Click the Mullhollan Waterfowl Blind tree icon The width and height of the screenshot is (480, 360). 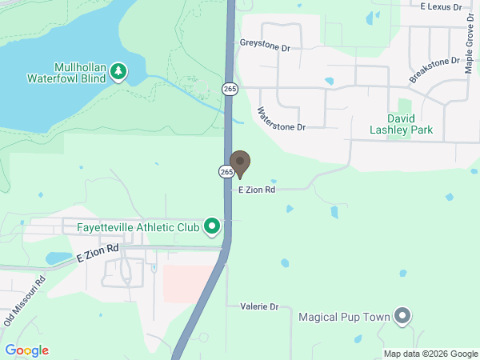click(118, 72)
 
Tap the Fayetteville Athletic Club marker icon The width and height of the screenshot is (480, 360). click(212, 227)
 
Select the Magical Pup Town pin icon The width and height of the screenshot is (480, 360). click(402, 317)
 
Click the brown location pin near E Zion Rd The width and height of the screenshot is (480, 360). click(240, 162)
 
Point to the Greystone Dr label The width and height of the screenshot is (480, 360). click(264, 46)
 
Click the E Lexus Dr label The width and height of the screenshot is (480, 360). click(442, 6)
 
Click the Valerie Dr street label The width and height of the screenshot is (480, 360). click(259, 306)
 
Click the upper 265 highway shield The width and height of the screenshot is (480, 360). click(230, 88)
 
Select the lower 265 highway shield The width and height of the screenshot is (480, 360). click(226, 171)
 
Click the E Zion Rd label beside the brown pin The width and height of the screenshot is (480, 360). click(257, 190)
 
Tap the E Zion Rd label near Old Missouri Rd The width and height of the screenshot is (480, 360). click(98, 254)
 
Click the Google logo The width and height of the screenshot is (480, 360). click(26, 350)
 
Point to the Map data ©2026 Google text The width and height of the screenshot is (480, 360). click(430, 354)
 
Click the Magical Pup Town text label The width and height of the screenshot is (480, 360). click(345, 317)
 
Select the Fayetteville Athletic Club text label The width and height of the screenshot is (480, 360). click(138, 227)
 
